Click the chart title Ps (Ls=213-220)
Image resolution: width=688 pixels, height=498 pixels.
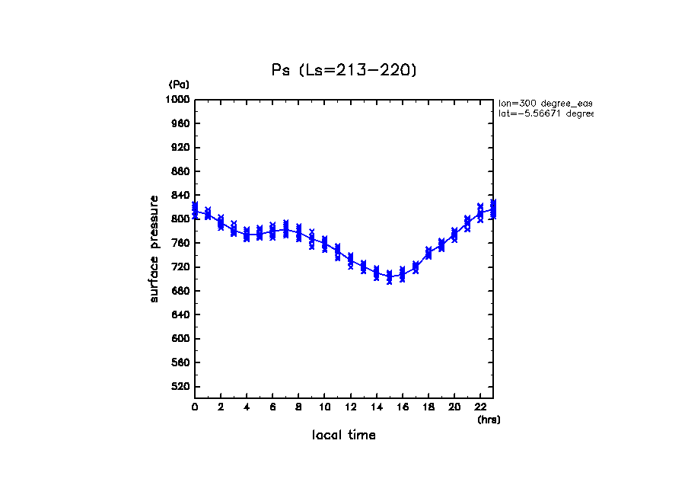[344, 70]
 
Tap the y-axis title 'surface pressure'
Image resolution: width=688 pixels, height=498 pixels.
[154, 248]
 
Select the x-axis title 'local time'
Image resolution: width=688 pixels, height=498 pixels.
[344, 436]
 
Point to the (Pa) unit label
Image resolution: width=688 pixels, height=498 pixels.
[179, 85]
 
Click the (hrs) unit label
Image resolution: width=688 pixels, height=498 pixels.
[489, 420]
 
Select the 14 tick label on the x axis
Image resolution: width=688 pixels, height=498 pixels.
[376, 407]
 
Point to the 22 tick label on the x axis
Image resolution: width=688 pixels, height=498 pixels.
[479, 407]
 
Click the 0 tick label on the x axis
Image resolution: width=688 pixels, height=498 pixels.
[195, 407]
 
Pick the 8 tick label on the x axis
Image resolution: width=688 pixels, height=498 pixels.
[298, 407]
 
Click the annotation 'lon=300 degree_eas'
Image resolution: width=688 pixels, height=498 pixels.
[545, 103]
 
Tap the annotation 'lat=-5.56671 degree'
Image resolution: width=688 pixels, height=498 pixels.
[545, 113]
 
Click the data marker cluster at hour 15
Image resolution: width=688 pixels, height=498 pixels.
[389, 276]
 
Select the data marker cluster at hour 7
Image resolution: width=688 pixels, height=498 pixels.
[285, 229]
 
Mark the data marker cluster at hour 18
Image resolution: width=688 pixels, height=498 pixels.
[428, 253]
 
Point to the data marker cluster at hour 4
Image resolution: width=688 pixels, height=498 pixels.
[247, 234]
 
